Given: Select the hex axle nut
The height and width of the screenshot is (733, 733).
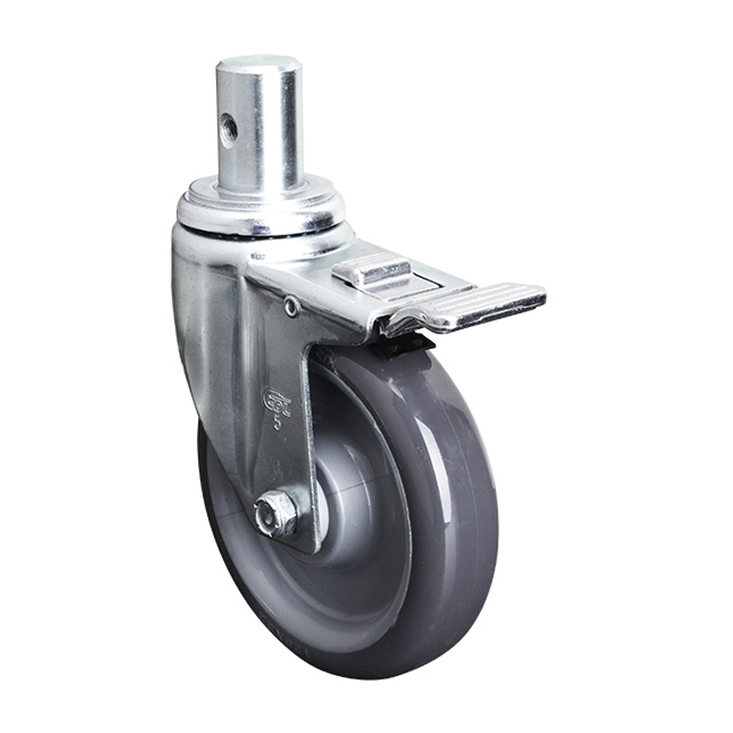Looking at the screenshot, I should (276, 514).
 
